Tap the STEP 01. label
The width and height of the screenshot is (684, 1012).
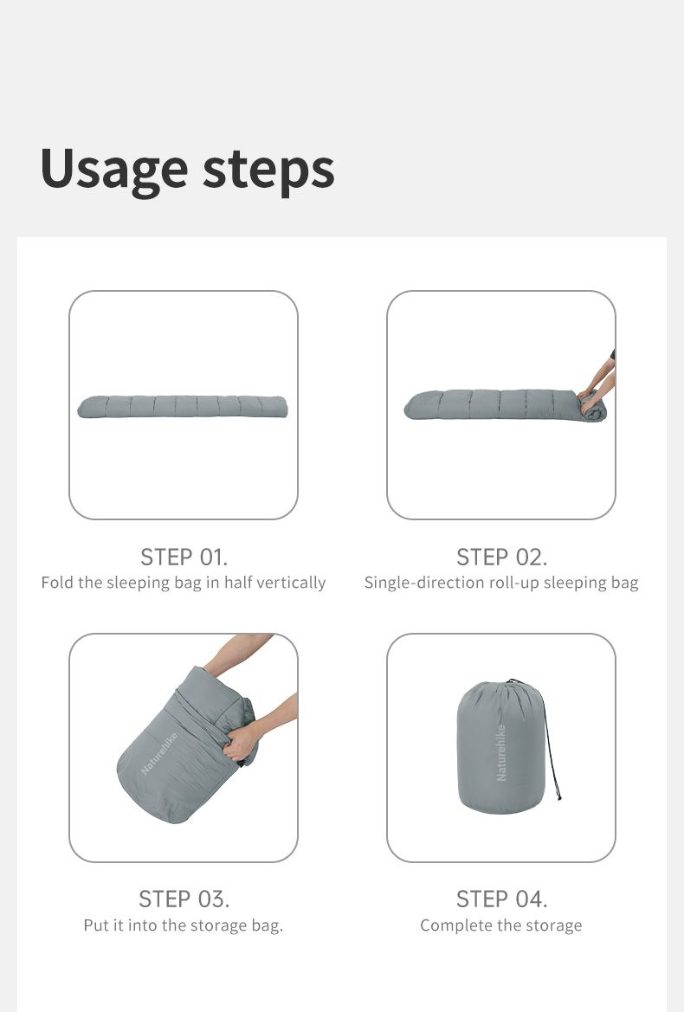[184, 557]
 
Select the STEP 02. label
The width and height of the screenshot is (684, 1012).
[501, 557]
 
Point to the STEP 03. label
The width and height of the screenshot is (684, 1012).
[184, 899]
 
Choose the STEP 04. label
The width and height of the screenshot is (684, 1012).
[501, 899]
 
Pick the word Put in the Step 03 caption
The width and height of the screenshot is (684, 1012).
[96, 925]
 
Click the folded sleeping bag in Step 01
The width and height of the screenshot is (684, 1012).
[182, 407]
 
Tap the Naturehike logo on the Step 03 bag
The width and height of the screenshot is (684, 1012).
[158, 753]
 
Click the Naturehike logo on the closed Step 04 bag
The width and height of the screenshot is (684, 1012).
[501, 752]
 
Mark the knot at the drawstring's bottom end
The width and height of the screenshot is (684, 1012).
[558, 797]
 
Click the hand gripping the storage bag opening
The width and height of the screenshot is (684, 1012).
[241, 743]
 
